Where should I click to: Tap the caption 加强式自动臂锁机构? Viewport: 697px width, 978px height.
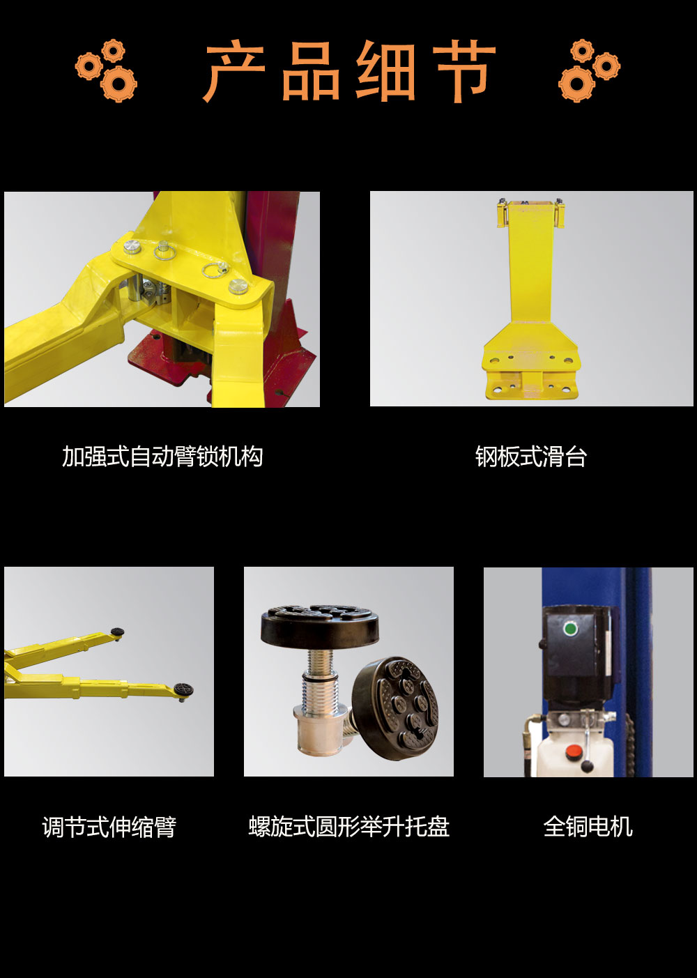tap(162, 457)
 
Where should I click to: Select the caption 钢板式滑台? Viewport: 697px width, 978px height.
tap(530, 457)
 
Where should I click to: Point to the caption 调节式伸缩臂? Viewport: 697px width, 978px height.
tap(109, 827)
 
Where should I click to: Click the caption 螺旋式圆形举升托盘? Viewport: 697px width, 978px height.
tap(348, 827)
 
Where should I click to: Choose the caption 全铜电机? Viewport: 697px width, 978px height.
tap(588, 827)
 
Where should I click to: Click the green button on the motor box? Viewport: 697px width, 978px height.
tap(570, 629)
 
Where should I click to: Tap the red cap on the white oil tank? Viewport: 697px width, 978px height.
tap(574, 752)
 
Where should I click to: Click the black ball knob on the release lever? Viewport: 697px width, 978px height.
tap(587, 765)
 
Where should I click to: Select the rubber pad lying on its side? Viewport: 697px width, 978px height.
tap(395, 708)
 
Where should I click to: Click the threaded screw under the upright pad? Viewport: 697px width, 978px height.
tap(320, 683)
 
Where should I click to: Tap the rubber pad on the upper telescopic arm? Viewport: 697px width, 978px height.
tap(117, 632)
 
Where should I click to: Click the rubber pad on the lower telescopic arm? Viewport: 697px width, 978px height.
tap(183, 689)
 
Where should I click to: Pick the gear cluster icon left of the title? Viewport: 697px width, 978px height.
tap(106, 70)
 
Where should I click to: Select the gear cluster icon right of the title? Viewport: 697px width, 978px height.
tap(589, 70)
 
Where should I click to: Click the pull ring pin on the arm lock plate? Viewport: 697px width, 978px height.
tap(214, 269)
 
